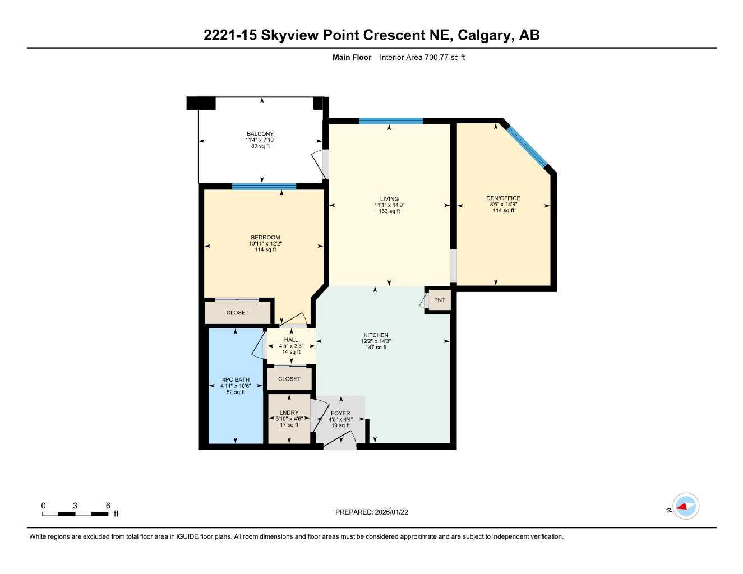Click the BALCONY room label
(x=260, y=134)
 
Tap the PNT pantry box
(x=440, y=300)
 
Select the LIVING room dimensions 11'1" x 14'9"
(x=389, y=205)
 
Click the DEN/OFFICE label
(x=503, y=198)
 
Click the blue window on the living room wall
(x=390, y=121)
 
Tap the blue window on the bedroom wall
(x=264, y=187)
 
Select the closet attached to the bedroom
(x=237, y=313)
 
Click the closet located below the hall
(x=289, y=379)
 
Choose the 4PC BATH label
(x=236, y=379)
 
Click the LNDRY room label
(x=289, y=413)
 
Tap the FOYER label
(x=340, y=413)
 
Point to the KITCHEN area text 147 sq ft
(x=376, y=348)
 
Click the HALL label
(x=291, y=340)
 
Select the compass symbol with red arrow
(x=685, y=507)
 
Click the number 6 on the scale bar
(x=108, y=506)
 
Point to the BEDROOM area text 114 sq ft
(x=265, y=249)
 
